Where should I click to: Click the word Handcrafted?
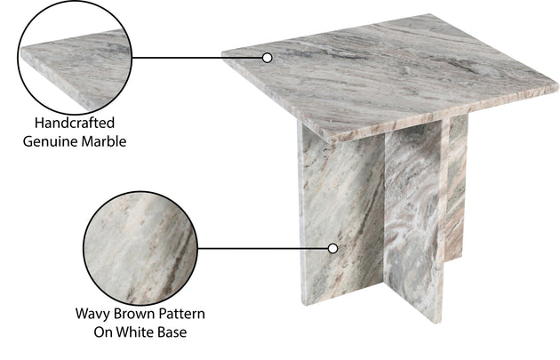75,123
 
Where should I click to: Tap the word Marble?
104,141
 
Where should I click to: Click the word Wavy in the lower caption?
92,315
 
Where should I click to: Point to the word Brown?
134,314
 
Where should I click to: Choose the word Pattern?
182,314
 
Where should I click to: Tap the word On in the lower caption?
103,332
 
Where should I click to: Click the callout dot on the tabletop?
268,58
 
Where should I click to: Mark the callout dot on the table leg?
332,249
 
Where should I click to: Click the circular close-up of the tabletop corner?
75,58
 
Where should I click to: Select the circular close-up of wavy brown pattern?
140,248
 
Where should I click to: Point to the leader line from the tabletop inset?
197,58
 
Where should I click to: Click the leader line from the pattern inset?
263,249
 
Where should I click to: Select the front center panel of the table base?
414,221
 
